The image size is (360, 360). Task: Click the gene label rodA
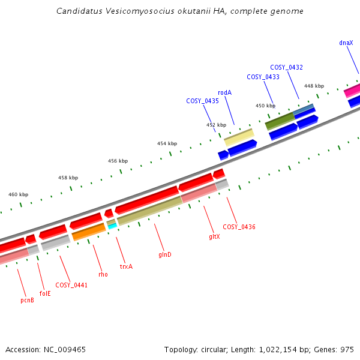(x=224, y=92)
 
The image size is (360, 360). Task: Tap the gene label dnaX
(x=346, y=43)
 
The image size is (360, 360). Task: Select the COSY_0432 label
(x=286, y=68)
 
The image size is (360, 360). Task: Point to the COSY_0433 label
(x=263, y=77)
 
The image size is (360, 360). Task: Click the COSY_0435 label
(x=202, y=101)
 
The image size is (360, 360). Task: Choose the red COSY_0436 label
(x=239, y=227)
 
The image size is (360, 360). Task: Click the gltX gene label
(x=214, y=236)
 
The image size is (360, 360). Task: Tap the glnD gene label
(x=165, y=254)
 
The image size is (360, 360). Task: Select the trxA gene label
(x=126, y=266)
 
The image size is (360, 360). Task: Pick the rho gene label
(x=103, y=274)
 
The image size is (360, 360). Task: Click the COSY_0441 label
(x=71, y=285)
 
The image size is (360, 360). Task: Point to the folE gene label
(x=45, y=293)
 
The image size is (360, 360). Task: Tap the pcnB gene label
(x=27, y=300)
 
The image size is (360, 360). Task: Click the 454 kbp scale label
(x=167, y=143)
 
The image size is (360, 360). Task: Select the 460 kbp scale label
(x=19, y=194)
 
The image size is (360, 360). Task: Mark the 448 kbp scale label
(x=314, y=86)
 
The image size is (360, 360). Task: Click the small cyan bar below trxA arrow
(x=112, y=226)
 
